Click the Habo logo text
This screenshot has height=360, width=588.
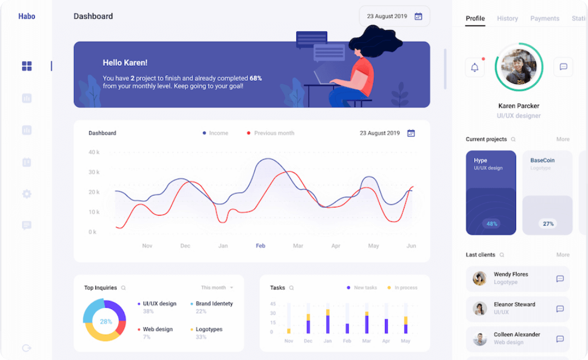pos(27,16)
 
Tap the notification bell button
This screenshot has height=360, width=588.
pos(475,67)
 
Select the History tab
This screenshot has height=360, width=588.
pos(507,19)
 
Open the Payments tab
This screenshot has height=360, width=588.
pos(544,19)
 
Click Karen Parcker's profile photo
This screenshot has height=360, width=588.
pos(519,67)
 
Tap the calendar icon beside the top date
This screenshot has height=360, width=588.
pos(418,16)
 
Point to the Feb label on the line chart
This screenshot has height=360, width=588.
pos(261,246)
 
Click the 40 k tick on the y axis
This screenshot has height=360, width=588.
pos(94,153)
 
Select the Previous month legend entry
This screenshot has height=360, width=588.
pos(274,133)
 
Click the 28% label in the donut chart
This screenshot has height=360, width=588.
pos(106,321)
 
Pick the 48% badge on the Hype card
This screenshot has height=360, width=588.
pos(492,224)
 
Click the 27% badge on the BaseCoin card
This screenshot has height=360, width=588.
pos(548,224)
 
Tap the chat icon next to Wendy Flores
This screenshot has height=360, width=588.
pos(560,278)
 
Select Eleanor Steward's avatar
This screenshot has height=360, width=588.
pos(480,308)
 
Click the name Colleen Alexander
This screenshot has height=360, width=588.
pos(517,334)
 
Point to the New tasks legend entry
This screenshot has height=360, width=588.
pos(365,288)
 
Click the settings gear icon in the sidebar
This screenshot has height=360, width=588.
pos(27,194)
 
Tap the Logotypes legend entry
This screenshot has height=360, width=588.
pos(208,329)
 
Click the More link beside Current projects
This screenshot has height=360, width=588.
pos(563,139)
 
